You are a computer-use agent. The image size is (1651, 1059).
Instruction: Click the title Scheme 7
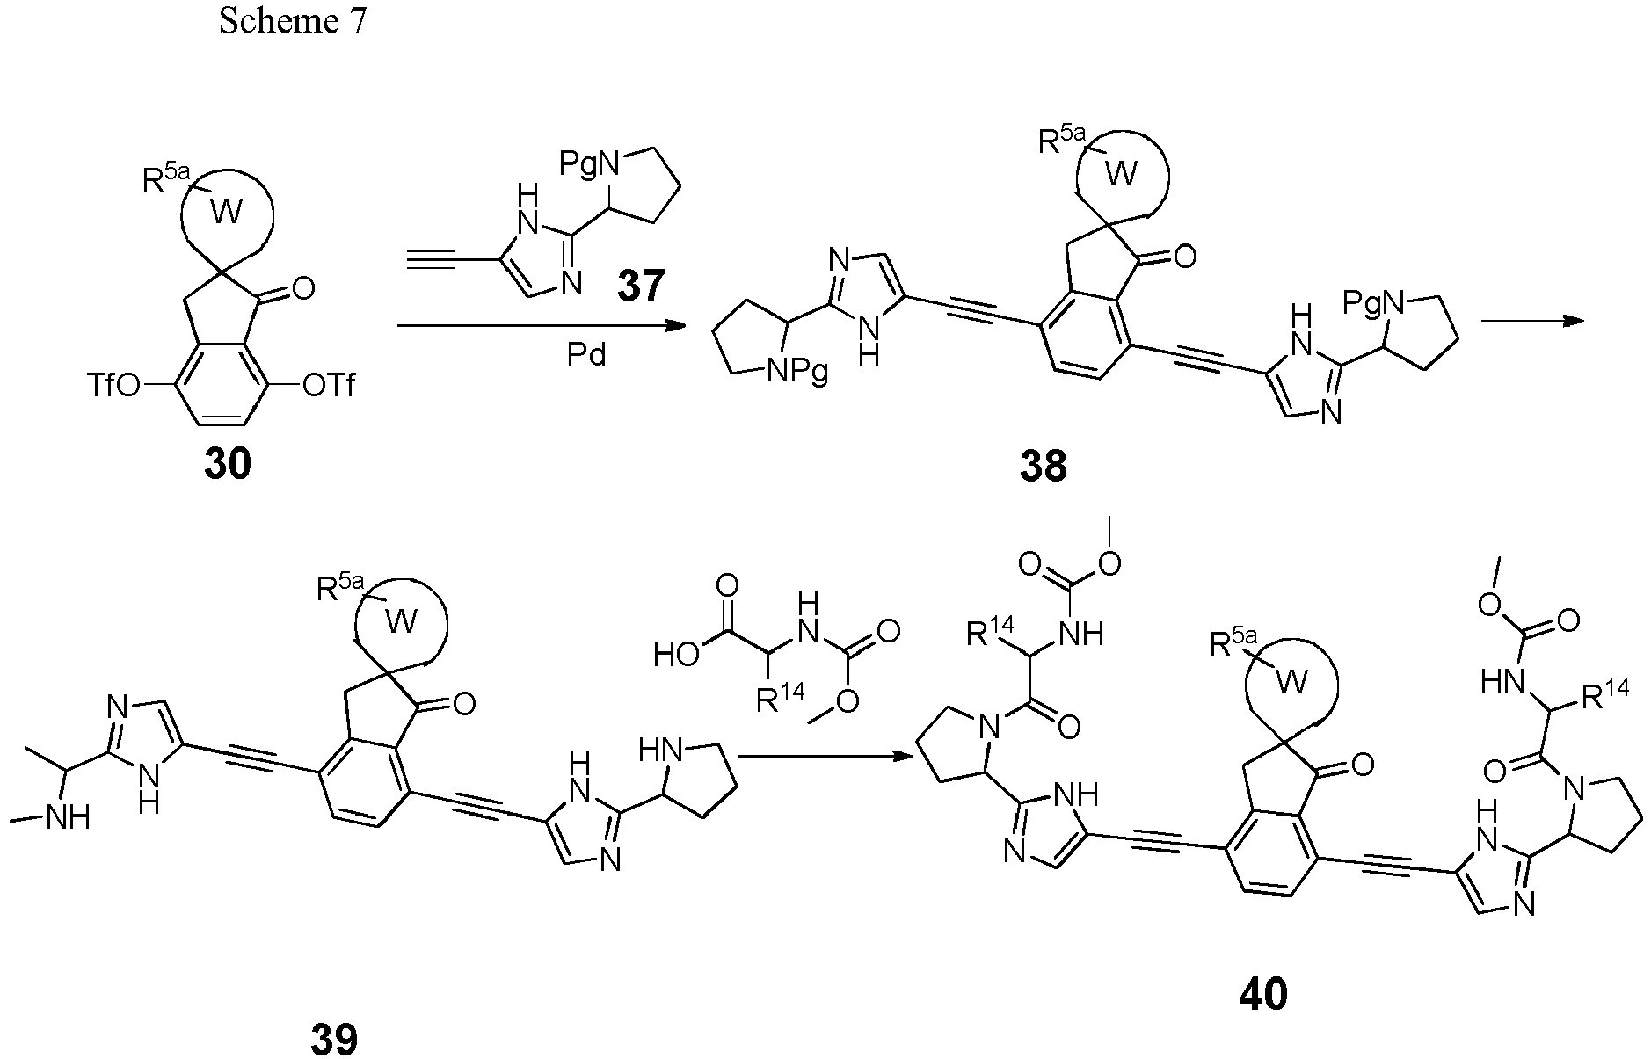click(293, 21)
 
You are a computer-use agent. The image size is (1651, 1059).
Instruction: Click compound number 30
click(227, 463)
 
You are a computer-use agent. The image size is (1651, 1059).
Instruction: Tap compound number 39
click(334, 1039)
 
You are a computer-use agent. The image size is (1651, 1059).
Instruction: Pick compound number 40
click(1263, 994)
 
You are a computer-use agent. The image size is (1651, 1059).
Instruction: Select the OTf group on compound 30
click(329, 385)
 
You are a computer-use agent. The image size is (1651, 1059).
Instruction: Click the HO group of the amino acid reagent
click(676, 654)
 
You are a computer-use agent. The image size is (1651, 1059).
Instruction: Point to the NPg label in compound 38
click(796, 373)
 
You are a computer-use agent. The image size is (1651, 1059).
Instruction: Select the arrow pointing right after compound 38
click(1534, 322)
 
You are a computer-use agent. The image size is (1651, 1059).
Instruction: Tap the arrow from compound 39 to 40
click(824, 755)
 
